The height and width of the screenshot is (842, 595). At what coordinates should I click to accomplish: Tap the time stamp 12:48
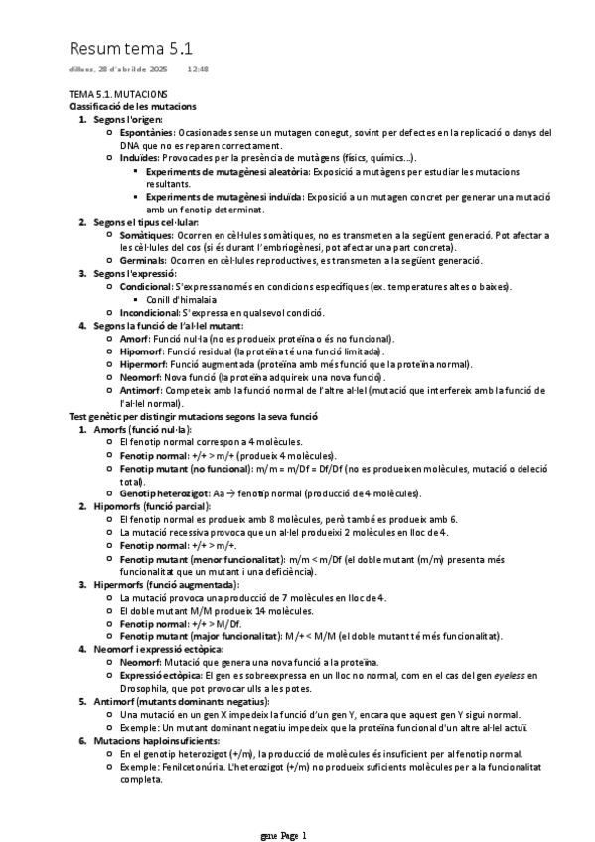tap(197, 70)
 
